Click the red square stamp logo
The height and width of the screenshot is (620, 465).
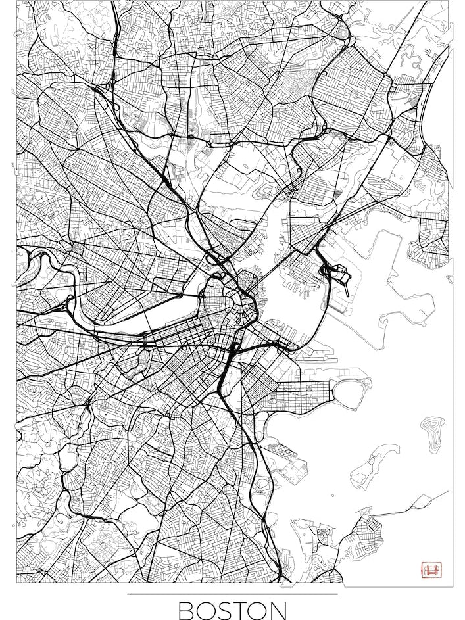click(x=432, y=570)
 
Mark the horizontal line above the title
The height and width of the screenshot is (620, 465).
click(x=232, y=594)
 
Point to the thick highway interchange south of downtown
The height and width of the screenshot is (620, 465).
click(x=230, y=358)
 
